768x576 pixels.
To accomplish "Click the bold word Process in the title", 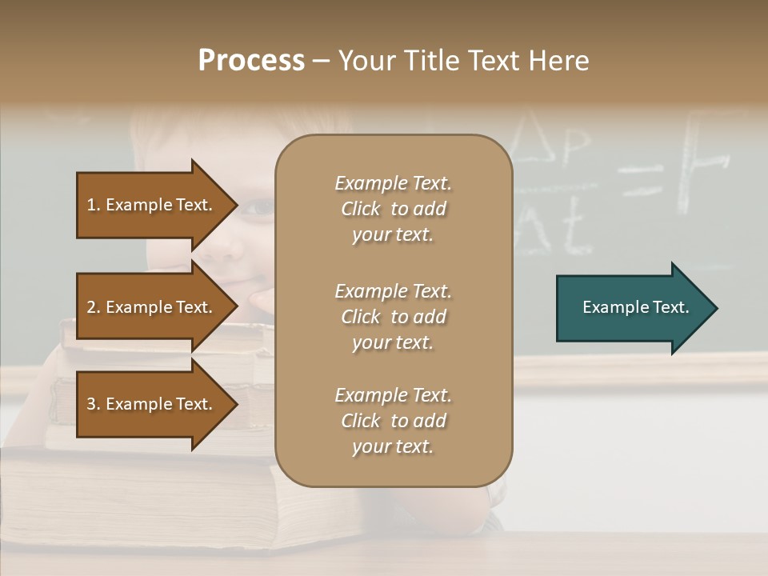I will pyautogui.click(x=251, y=61).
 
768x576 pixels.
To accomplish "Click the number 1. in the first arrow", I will pyautogui.click(x=94, y=205).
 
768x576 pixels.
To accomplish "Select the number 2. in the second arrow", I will pyautogui.click(x=94, y=307).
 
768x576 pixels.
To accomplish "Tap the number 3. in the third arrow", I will pyautogui.click(x=94, y=404).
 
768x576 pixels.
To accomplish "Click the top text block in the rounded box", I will pyautogui.click(x=393, y=209).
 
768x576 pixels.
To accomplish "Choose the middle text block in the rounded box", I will pyautogui.click(x=393, y=317).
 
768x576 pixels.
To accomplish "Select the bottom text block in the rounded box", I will pyautogui.click(x=393, y=421).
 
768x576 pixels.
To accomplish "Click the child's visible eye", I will pyautogui.click(x=258, y=208).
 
